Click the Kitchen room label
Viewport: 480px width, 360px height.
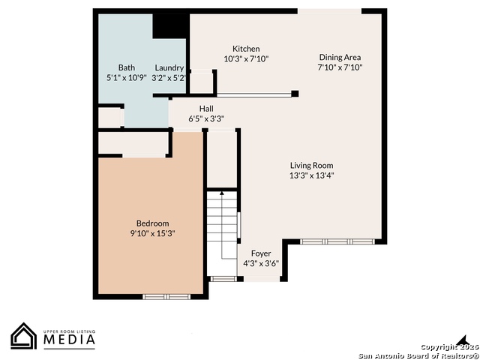click(246, 49)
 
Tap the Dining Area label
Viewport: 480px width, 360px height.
click(340, 57)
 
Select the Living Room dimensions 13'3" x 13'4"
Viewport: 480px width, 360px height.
click(312, 175)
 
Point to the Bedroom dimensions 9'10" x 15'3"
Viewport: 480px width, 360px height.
click(152, 233)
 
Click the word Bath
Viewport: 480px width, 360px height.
click(127, 67)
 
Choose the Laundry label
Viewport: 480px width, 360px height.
click(169, 68)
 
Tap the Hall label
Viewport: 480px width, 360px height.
click(206, 108)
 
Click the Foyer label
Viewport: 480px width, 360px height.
click(261, 253)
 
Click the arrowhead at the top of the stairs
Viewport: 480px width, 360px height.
click(222, 193)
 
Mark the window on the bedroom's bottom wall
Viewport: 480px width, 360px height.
click(166, 297)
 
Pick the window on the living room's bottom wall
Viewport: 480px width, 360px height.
click(337, 241)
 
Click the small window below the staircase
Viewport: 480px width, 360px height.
click(223, 278)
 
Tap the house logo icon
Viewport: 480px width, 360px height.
click(23, 336)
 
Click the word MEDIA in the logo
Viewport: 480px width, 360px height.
click(69, 340)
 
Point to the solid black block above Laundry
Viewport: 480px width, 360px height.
click(169, 26)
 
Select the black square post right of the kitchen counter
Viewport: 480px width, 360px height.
click(295, 94)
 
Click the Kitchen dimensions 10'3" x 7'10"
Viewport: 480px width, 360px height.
click(246, 58)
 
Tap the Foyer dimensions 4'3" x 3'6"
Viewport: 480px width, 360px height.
click(261, 263)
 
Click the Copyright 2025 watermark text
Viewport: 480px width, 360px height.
click(449, 346)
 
